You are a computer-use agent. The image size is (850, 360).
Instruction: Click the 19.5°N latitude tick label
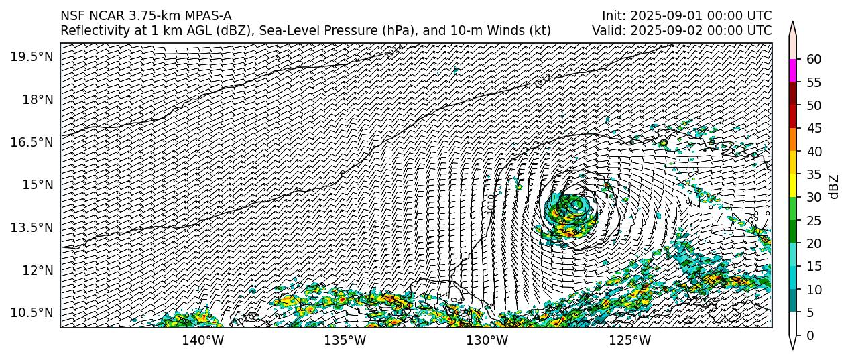32,57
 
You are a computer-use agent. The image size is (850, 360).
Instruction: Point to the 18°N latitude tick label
36,99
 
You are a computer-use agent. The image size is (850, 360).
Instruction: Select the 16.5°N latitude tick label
32,142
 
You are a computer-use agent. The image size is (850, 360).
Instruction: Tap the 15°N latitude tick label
36,184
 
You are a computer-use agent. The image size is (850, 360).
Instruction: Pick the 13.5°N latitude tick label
32,227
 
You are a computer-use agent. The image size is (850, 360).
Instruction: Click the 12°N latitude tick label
36,270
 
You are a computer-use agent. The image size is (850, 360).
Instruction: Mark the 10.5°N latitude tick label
32,312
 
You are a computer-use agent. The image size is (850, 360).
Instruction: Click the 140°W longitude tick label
203,341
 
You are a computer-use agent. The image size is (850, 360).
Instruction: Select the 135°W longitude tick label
345,341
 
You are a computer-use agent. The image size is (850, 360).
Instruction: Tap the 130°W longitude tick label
487,341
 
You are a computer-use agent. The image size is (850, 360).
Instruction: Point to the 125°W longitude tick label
629,341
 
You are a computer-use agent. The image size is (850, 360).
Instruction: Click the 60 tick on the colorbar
813,59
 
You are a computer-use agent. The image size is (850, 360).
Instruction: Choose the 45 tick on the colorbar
813,128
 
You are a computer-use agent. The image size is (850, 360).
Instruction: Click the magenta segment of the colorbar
793,70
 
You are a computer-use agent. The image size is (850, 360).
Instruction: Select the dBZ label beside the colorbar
834,186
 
